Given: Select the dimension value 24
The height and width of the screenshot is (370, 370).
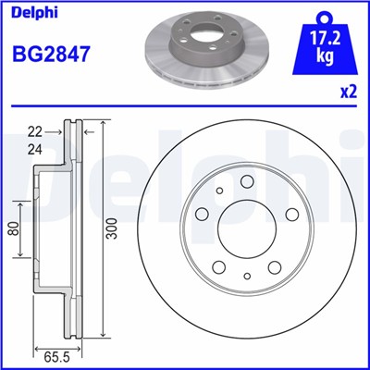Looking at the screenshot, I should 36,148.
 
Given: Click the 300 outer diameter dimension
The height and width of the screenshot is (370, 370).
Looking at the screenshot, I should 112,231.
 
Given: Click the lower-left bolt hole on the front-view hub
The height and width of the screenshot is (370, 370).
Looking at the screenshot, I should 219,267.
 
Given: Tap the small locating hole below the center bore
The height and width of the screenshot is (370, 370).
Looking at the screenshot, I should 246,275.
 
